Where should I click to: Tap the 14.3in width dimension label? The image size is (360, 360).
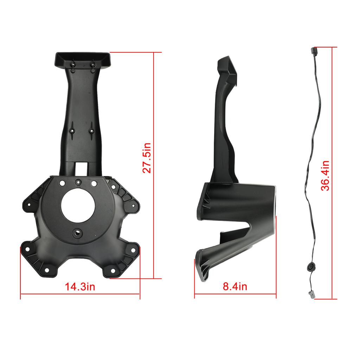tap(80, 287)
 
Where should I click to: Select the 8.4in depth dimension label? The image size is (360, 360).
tap(235, 287)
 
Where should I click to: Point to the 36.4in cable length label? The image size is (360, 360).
tap(326, 175)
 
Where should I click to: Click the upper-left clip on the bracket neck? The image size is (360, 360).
tap(73, 64)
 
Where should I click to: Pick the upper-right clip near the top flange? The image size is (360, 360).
tap(92, 64)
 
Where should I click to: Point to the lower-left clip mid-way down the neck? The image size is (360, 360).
tap(72, 130)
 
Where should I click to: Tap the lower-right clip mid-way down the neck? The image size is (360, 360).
tap(92, 130)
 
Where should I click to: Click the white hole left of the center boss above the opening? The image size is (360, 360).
tap(62, 183)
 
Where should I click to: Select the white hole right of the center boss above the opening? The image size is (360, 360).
tap(94, 183)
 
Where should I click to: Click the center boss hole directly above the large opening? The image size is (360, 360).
tap(78, 182)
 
